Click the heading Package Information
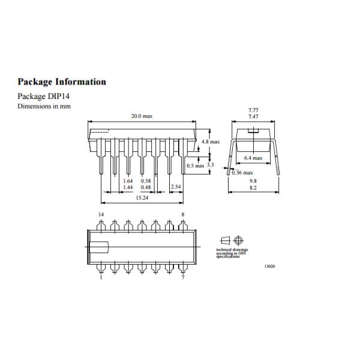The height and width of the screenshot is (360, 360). [x=62, y=82]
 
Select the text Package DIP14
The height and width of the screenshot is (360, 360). [x=44, y=96]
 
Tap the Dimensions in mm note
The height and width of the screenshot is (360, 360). [x=40, y=106]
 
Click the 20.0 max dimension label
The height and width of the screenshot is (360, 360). [x=142, y=116]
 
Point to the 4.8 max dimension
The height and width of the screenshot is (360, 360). [x=211, y=142]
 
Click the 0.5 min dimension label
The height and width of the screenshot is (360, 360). [x=195, y=165]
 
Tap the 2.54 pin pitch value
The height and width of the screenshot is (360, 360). [x=176, y=187]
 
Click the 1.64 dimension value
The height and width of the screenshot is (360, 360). [x=127, y=181]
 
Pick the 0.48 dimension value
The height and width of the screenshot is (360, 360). [x=145, y=187]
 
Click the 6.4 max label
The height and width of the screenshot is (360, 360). [x=254, y=158]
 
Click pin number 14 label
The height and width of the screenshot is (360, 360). [x=101, y=214]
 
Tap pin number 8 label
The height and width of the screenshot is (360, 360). [x=182, y=214]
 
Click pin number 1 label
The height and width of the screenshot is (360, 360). [x=101, y=277]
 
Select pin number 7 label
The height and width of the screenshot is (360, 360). [x=182, y=277]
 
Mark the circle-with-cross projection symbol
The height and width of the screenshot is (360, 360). [x=238, y=239]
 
